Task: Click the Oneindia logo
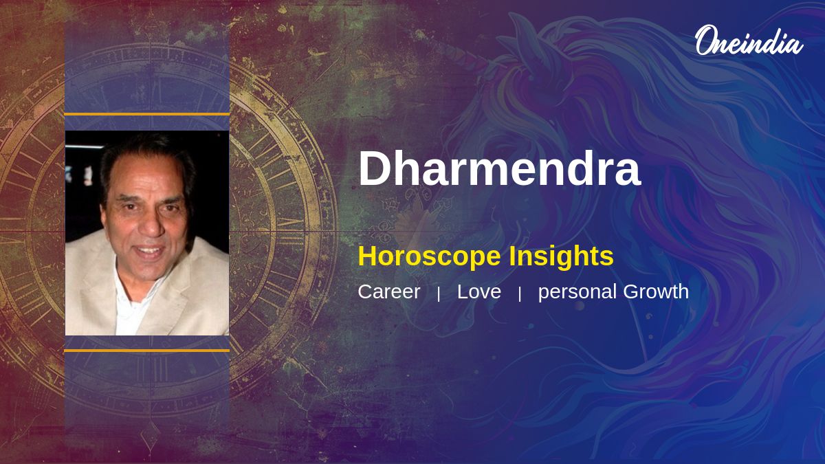[x=749, y=41]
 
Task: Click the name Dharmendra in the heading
[x=500, y=168]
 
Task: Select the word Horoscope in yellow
[x=430, y=257]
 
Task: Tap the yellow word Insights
[x=561, y=257]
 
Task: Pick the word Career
[x=389, y=291]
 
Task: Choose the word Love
[x=478, y=291]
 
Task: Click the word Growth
[x=656, y=291]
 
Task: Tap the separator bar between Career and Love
[x=439, y=294]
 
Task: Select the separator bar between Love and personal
[x=520, y=294]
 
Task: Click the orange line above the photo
[x=147, y=115]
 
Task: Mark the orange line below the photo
[x=147, y=351]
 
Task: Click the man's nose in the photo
[x=151, y=225]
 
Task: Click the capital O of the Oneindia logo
[x=705, y=40]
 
